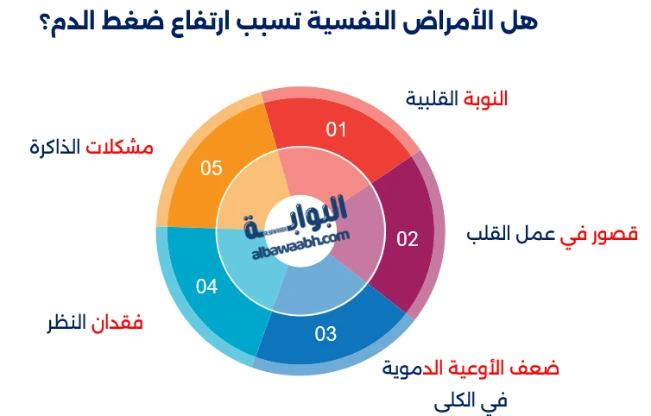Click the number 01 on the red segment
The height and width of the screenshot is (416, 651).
click(336, 129)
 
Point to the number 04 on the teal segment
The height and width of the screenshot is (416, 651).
click(206, 287)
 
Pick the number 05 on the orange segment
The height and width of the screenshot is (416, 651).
click(212, 167)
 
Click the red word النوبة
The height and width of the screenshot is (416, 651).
click(485, 99)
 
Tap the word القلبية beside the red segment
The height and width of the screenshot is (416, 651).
click(432, 99)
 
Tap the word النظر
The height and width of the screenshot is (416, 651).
click(66, 324)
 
